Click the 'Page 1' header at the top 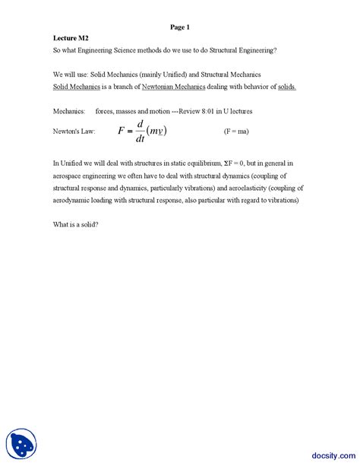180,27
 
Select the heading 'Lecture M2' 69,37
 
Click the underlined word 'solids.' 281,87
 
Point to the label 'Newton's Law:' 74,131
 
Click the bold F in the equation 122,131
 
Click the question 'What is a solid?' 77,226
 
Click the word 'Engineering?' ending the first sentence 255,50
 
